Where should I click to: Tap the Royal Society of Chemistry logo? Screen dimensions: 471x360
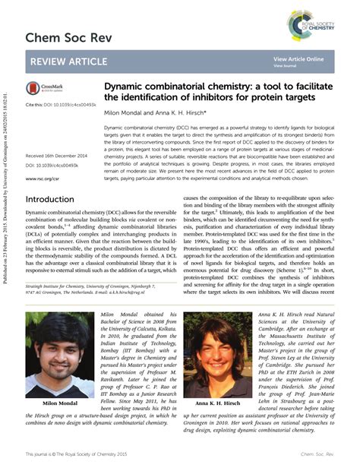(307, 23)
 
